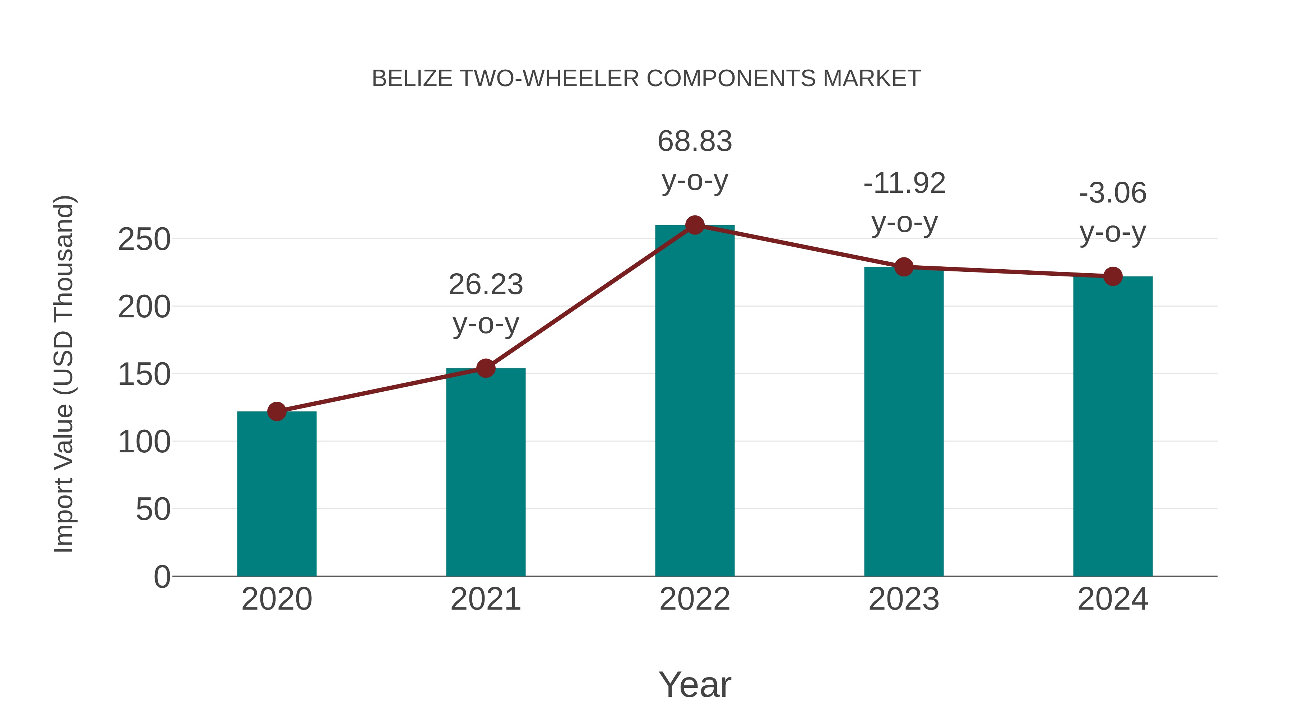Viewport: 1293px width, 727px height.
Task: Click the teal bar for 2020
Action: (277, 494)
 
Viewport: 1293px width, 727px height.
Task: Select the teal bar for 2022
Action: (695, 401)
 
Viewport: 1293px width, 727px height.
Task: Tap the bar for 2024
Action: (1113, 427)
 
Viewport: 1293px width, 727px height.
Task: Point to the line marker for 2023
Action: (904, 267)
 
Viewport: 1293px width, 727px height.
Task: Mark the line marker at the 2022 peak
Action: (695, 225)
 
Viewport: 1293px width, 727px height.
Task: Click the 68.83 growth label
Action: (695, 141)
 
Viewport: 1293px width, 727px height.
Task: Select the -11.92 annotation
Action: (904, 183)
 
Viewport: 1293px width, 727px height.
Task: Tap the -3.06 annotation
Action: (1113, 193)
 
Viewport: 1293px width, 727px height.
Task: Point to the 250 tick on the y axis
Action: (144, 239)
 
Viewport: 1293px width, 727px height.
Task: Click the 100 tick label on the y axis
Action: (144, 442)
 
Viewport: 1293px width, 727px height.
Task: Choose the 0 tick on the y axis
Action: (162, 577)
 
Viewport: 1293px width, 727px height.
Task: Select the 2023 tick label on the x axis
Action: (904, 599)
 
